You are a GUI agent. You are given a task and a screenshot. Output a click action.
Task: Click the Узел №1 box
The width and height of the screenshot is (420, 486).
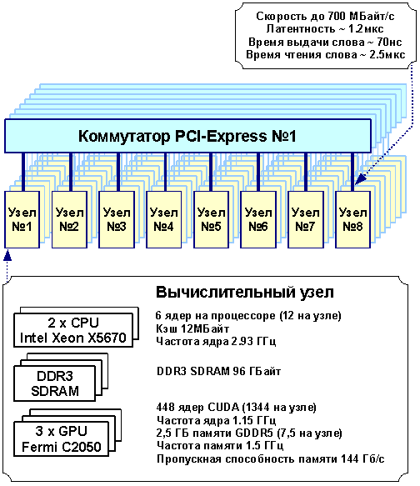(22, 219)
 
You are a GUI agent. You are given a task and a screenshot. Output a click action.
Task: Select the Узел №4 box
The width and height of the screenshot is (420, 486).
(164, 219)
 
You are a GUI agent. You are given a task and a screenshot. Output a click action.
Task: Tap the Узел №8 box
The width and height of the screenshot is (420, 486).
(352, 219)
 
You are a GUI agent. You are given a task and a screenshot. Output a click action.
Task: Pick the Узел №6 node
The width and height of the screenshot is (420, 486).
(258, 219)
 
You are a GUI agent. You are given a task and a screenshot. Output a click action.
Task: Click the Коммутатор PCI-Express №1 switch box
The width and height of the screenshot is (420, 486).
(187, 136)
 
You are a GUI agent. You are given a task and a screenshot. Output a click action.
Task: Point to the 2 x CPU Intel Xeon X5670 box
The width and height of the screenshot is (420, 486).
(73, 330)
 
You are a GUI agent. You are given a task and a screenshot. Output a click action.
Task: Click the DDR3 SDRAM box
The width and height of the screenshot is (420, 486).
(54, 383)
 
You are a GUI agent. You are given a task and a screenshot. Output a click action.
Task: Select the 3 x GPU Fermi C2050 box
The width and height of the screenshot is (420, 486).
(62, 438)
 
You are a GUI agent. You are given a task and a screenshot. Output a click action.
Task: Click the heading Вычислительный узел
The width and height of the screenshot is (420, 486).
(245, 292)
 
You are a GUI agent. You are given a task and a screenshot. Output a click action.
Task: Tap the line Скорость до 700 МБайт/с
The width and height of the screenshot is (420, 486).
(325, 16)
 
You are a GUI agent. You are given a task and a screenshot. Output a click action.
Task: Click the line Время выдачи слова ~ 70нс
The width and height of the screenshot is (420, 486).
(325, 42)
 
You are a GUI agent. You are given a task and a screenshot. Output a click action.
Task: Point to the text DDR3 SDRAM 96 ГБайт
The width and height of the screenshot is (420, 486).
(218, 371)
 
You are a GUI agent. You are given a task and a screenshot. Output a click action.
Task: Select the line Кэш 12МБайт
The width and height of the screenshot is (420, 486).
(192, 328)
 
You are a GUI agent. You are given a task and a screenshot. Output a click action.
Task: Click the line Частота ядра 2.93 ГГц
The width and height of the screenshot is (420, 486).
(216, 341)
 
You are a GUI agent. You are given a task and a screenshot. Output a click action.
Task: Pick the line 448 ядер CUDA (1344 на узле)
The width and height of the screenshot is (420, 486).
(236, 407)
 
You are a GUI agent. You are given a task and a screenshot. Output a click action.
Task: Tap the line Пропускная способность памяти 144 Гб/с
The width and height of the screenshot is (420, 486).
(270, 458)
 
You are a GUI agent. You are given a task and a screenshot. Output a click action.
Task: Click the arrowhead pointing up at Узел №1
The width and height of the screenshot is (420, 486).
(7, 255)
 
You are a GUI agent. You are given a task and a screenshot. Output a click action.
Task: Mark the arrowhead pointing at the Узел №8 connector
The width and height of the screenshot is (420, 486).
(359, 180)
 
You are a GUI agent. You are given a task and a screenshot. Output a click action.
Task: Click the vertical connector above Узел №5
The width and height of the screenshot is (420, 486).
(211, 172)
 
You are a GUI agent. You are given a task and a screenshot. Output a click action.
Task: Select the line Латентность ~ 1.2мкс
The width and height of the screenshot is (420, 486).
(325, 29)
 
